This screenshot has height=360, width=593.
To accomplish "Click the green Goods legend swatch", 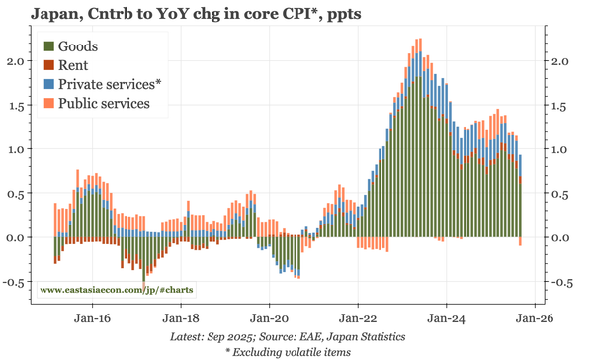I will click(48, 47).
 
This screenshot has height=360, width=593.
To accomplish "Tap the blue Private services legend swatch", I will click(48, 85).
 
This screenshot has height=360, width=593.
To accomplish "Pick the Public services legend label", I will click(104, 103).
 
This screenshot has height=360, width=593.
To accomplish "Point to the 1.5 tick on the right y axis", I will click(559, 105).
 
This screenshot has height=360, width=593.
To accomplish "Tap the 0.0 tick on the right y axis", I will click(559, 237).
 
